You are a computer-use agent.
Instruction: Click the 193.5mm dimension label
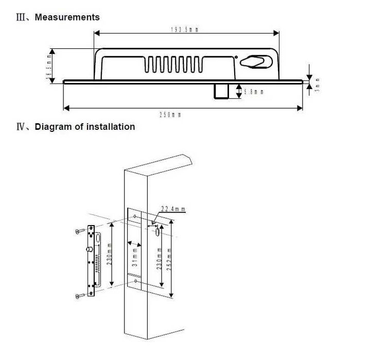point(184,30)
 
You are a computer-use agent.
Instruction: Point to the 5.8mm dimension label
point(254,92)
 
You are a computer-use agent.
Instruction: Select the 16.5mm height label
point(49,66)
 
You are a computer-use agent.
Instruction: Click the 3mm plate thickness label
point(317,84)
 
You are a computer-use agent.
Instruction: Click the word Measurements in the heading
point(67,17)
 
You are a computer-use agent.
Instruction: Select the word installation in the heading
point(111,127)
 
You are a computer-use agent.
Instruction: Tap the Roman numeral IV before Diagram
point(22,127)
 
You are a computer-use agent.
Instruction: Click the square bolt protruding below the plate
point(222,91)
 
